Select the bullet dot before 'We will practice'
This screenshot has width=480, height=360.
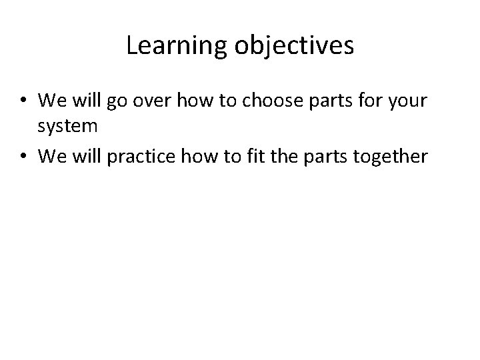click(x=23, y=157)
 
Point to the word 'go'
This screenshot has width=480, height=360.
click(x=113, y=102)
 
